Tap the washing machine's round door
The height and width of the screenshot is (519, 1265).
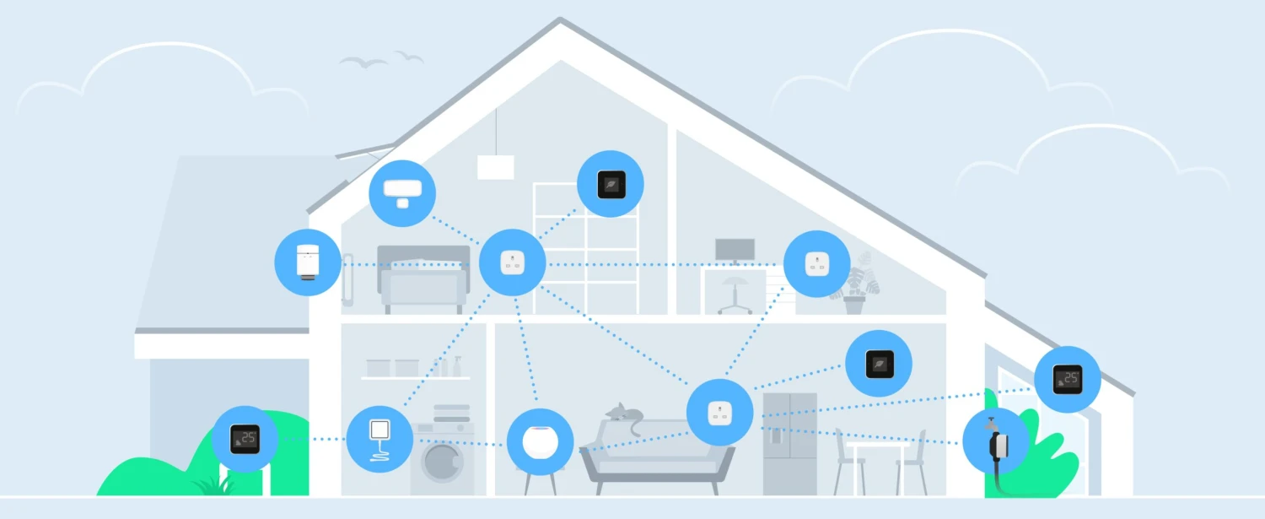pos(443,462)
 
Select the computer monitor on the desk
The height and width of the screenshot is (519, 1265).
pos(735,251)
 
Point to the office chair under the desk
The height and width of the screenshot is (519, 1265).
pos(735,295)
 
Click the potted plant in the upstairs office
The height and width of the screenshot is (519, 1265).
pos(856,284)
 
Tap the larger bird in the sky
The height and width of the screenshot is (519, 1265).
pos(363,62)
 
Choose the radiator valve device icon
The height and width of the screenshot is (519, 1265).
pos(308,262)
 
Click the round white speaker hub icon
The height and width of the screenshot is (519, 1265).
pos(541,442)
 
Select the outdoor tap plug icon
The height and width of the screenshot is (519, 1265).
pos(996,441)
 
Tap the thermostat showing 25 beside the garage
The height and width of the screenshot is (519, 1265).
pos(245,439)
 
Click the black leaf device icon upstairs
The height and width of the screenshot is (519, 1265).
pos(611,184)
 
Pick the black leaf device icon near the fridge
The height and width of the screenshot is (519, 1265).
pos(879,364)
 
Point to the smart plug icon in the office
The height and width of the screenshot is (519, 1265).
pos(817,263)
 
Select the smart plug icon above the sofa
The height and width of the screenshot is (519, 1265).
pos(720,413)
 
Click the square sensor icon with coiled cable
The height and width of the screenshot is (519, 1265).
pos(379,439)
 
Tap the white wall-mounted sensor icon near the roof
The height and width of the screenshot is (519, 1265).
pos(402,193)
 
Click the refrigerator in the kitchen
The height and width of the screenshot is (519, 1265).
pos(789,445)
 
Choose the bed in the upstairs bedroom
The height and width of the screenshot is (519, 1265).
pos(423,279)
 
